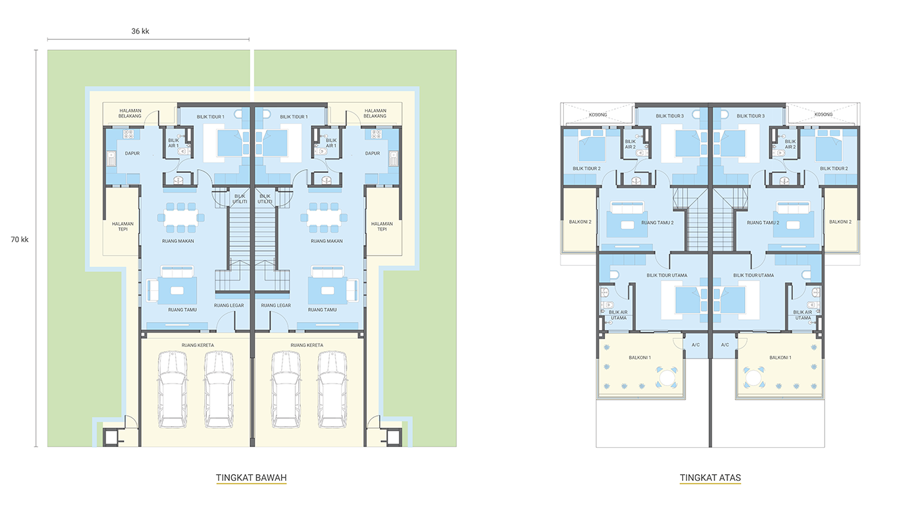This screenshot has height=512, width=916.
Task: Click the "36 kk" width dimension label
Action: [140, 31]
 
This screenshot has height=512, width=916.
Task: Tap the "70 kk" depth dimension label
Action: [20, 239]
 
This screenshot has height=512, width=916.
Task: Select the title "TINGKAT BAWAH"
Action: [251, 478]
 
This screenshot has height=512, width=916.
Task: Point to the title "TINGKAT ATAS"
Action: [710, 478]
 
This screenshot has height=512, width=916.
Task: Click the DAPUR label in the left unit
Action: [132, 154]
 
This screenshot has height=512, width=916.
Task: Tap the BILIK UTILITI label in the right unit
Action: [265, 199]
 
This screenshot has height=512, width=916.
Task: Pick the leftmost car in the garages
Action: [172, 389]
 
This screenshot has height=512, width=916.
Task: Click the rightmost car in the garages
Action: [332, 389]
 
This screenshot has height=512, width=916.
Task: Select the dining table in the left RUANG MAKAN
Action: [180, 217]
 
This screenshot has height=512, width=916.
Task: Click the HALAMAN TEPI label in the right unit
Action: [382, 227]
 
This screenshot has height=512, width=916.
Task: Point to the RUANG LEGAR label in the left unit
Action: [229, 305]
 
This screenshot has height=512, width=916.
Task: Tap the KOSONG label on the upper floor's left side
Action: [598, 114]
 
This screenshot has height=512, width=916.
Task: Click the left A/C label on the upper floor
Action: [696, 345]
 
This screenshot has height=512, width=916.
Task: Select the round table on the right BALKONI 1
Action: [753, 378]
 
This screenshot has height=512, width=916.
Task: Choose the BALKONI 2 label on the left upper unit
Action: [580, 222]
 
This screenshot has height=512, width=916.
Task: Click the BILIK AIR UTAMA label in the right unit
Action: [802, 315]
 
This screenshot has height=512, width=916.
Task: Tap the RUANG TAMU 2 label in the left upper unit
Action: [657, 223]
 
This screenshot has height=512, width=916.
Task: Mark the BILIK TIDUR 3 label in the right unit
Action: [751, 116]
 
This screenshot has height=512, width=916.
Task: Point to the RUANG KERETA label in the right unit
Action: [307, 345]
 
